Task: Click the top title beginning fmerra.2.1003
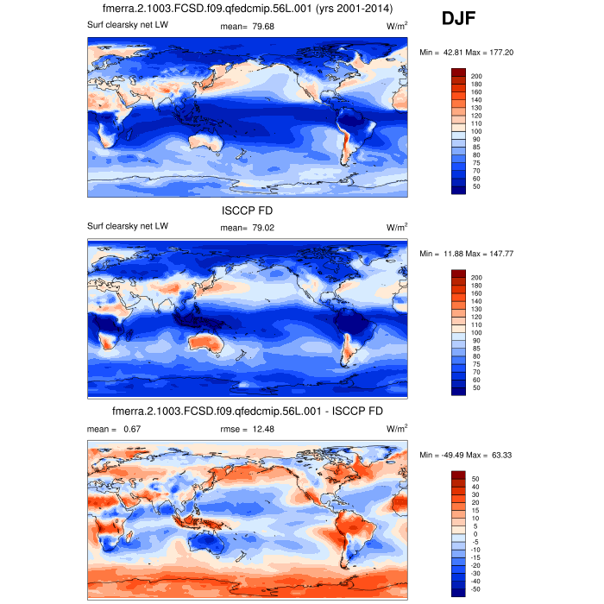248,9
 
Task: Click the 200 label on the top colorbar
476,77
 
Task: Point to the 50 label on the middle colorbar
475,388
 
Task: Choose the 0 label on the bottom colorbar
474,534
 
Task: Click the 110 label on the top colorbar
476,123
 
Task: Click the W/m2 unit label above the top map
397,26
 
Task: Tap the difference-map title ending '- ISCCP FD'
248,410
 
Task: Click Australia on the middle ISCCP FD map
210,344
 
